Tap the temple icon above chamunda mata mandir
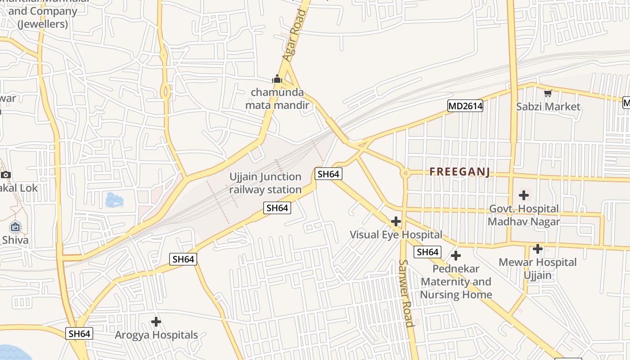[277, 80]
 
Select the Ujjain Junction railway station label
[265, 183]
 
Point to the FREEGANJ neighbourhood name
[459, 172]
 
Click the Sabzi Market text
[548, 107]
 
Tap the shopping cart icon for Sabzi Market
[548, 94]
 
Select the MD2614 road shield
[465, 106]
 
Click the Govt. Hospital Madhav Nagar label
[524, 215]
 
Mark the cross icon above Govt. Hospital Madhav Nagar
[523, 195]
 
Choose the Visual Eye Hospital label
[396, 234]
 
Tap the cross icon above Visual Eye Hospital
[396, 221]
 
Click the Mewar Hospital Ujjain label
[537, 268]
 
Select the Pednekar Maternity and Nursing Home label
[456, 282]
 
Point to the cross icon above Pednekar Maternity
[456, 256]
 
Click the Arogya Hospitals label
[156, 335]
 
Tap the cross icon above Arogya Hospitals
[156, 322]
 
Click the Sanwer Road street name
[406, 293]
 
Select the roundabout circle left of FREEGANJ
[405, 173]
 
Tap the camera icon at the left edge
[5, 175]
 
